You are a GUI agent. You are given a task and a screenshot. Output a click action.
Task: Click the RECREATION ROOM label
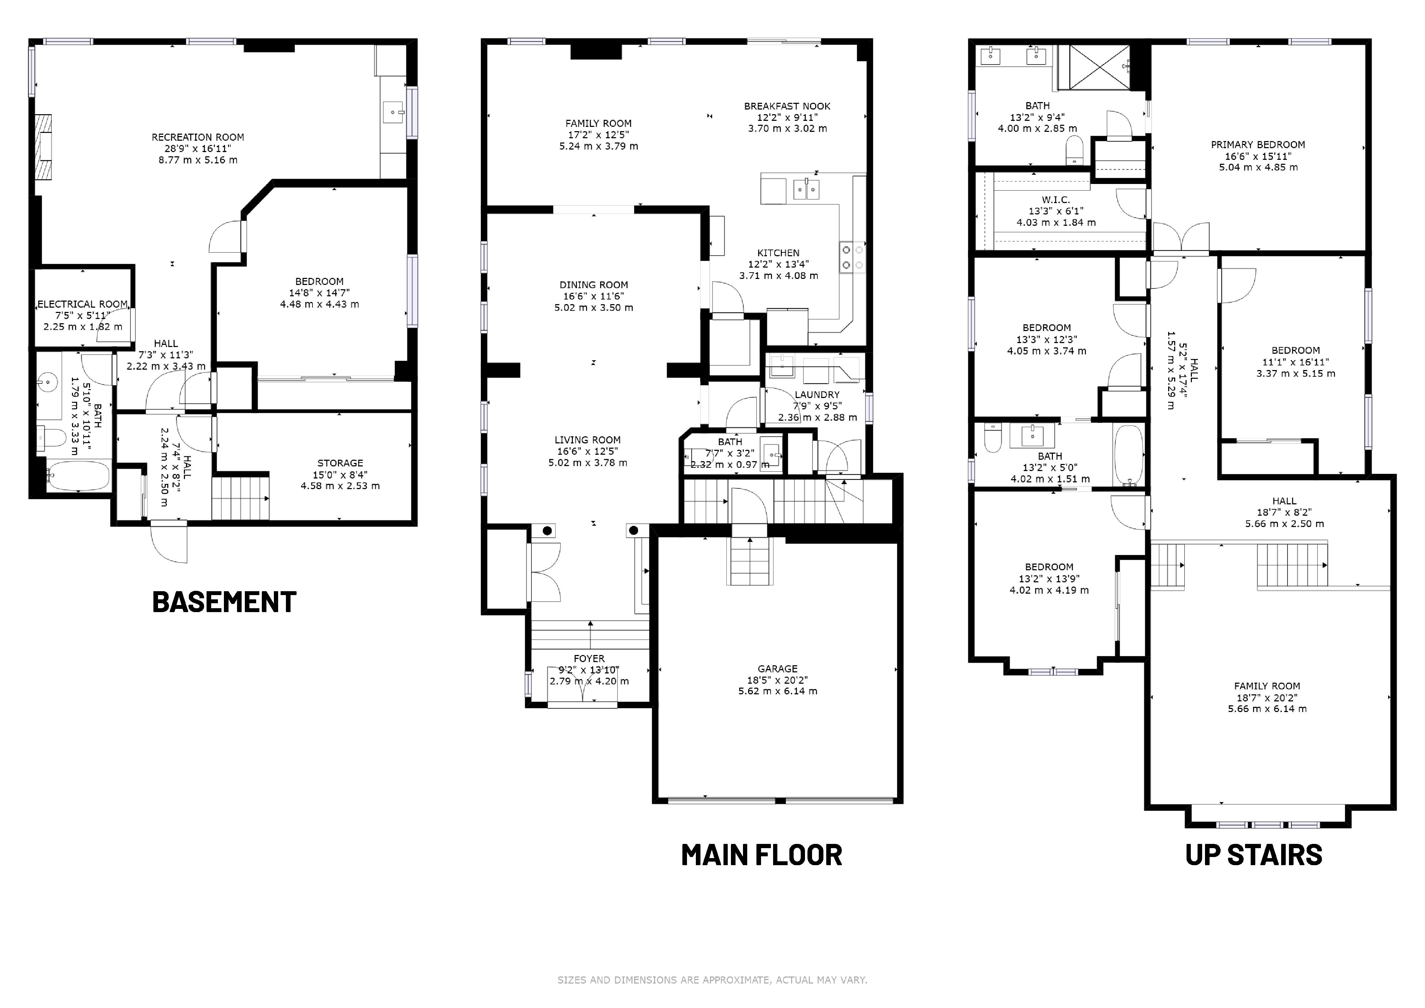(x=198, y=137)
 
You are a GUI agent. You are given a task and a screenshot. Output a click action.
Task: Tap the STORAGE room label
(x=340, y=463)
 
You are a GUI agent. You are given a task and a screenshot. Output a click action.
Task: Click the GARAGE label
(x=778, y=668)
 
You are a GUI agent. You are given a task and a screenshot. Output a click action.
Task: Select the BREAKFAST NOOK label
(x=787, y=106)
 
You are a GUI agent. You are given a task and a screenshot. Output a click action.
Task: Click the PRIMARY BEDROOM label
(x=1258, y=145)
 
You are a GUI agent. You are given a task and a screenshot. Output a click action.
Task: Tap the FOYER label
(x=589, y=659)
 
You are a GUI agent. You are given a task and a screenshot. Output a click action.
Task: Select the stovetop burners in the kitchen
(x=852, y=257)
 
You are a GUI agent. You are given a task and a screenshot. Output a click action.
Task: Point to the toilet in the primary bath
(x=1074, y=150)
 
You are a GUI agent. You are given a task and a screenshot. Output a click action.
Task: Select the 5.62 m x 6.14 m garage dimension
(x=778, y=691)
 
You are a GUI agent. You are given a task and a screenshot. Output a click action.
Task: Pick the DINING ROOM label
(x=594, y=285)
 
